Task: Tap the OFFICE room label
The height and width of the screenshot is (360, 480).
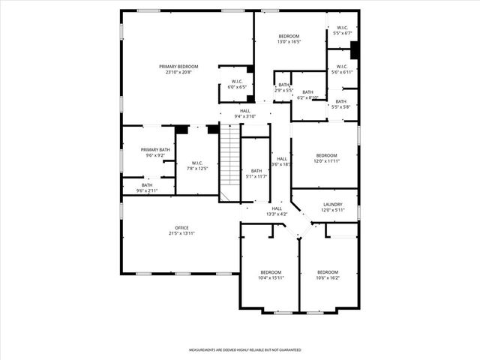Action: [181, 227]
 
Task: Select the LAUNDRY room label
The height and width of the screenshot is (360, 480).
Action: [333, 204]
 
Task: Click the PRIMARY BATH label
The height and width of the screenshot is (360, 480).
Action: [155, 150]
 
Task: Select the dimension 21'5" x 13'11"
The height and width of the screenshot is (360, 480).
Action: [181, 234]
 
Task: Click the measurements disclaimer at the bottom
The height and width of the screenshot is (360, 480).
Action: [244, 349]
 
